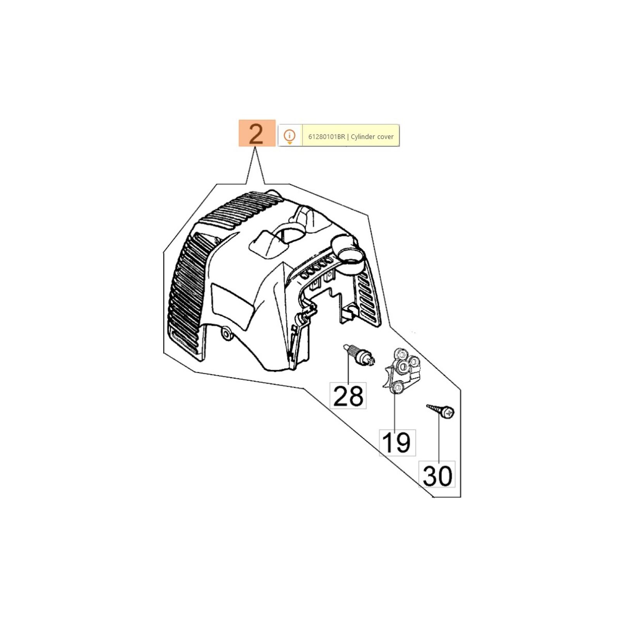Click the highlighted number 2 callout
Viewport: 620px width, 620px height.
[257, 133]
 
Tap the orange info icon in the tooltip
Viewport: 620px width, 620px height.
[289, 136]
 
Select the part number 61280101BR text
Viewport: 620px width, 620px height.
[326, 136]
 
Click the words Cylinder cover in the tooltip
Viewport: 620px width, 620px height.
[372, 136]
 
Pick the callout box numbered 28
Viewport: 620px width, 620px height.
[348, 396]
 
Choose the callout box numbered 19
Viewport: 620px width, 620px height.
[397, 443]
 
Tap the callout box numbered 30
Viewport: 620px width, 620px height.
[437, 475]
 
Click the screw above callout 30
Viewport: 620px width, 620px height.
[441, 411]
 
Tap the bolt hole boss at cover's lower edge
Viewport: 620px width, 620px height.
[226, 334]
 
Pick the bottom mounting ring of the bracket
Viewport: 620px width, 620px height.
[397, 387]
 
